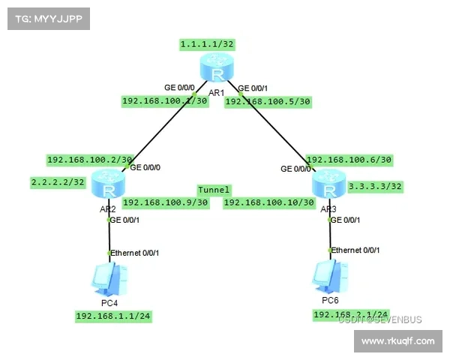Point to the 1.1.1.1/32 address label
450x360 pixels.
coord(207,44)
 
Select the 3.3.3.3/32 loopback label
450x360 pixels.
coord(375,185)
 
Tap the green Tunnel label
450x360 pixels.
coord(214,190)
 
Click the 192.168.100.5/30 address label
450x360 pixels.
coord(268,101)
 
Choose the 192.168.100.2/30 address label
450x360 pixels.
coord(89,159)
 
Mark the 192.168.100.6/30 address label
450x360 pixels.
coord(349,159)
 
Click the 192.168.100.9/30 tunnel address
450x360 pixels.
coord(164,202)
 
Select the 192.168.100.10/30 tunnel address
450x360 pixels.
coord(268,202)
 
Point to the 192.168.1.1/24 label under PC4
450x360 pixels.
coord(113,316)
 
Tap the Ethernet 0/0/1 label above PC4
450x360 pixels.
coord(135,253)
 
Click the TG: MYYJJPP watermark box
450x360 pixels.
coord(48,19)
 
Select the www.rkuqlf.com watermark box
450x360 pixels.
coord(397,341)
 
